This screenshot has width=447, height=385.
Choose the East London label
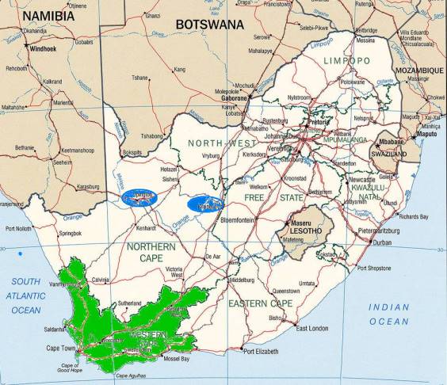pos(311,328)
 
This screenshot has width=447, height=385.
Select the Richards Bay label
pos(414,215)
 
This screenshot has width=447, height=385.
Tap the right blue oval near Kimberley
pos(205,204)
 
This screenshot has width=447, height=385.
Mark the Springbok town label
pos(70,234)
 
